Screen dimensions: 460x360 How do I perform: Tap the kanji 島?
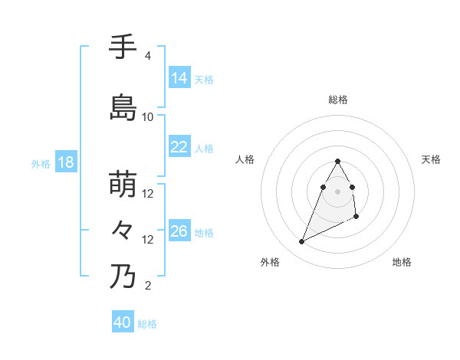pos(123,107)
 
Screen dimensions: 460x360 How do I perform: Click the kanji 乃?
pos(123,276)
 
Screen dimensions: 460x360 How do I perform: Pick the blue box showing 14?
pos(179,78)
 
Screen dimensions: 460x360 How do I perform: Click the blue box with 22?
pos(179,147)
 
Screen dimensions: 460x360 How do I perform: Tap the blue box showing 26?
pos(179,231)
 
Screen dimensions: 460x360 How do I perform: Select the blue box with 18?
pos(65,162)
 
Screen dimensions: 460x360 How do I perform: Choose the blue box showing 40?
pos(123,322)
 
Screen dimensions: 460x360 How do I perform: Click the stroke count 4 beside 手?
pos(147,56)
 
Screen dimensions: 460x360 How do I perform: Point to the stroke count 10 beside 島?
pos(148,116)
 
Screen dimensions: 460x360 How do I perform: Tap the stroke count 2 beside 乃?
pos(147,286)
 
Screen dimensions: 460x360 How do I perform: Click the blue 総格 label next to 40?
pos(147,324)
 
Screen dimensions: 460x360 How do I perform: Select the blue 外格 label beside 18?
pos(40,164)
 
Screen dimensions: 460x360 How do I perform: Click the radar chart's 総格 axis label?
pos(338,100)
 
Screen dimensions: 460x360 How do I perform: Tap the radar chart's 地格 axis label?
pos(402,262)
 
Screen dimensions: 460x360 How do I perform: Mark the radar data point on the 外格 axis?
pos(301,242)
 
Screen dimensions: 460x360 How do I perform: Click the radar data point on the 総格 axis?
pos(338,161)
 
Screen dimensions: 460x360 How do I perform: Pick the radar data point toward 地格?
pos(357,218)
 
